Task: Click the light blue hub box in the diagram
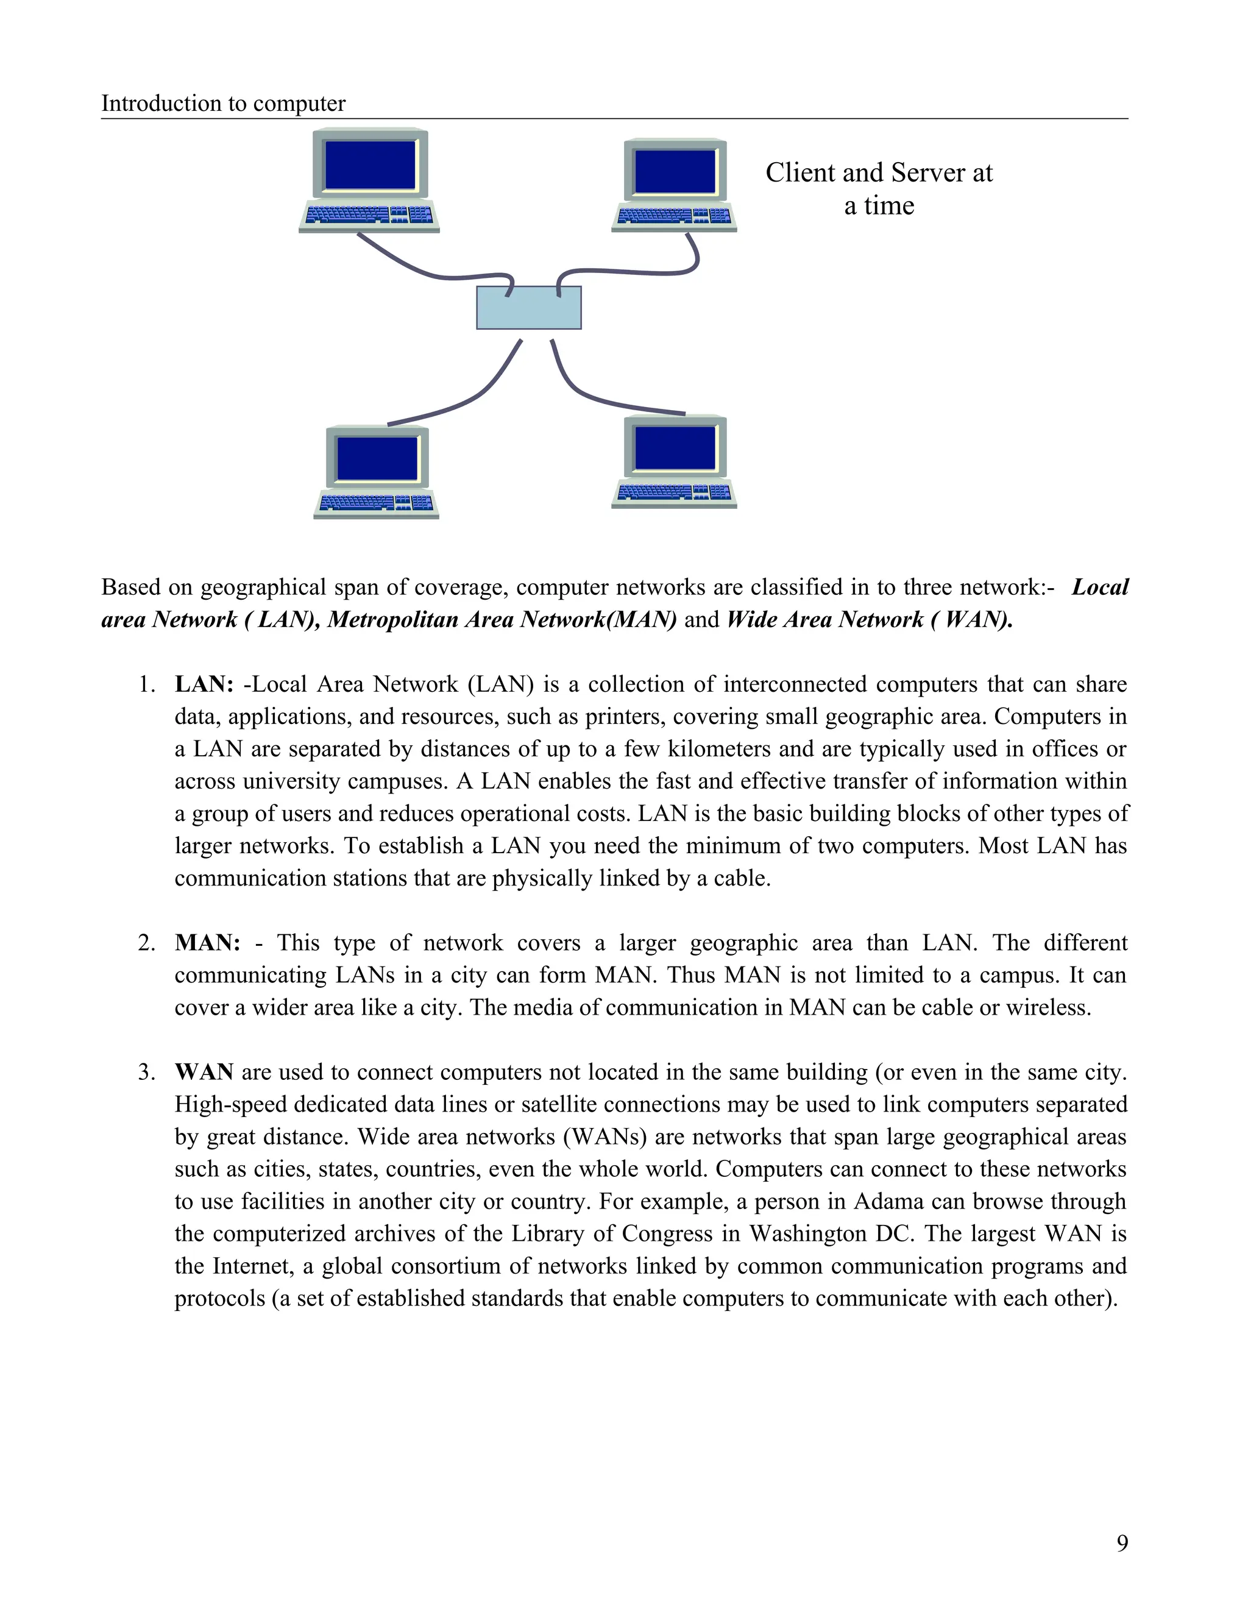528,308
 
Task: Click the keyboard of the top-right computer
673,217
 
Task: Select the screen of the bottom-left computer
377,458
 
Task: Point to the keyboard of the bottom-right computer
673,493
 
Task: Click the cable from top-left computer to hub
414,267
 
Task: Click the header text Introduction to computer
223,104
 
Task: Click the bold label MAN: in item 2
208,943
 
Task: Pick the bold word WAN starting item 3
204,1072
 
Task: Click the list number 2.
146,943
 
